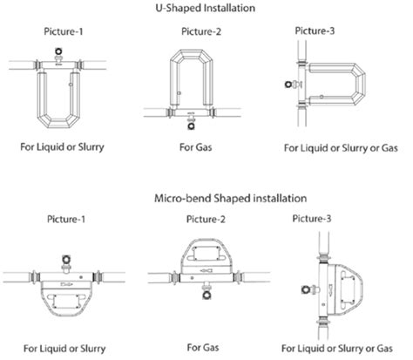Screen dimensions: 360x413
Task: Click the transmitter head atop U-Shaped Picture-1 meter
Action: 58,51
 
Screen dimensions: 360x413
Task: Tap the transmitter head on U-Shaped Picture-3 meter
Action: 288,85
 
